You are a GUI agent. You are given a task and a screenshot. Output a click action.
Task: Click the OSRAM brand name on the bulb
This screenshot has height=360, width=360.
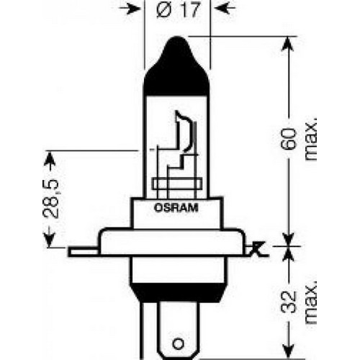[x=176, y=208]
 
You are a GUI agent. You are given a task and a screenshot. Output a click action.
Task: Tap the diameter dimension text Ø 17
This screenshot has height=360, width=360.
[x=178, y=10]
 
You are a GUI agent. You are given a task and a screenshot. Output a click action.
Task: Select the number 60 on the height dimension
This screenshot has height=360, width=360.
[x=289, y=139]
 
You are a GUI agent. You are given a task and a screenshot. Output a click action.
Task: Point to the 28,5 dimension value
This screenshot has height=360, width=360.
[x=51, y=199]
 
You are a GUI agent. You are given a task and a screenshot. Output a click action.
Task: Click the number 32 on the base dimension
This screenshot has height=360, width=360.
[x=289, y=302]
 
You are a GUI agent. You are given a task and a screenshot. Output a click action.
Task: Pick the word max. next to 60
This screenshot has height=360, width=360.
[x=310, y=139]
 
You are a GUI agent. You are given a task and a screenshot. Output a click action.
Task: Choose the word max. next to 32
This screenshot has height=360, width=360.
[x=310, y=302]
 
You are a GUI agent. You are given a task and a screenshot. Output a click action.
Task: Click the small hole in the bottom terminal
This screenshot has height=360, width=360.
[x=178, y=343]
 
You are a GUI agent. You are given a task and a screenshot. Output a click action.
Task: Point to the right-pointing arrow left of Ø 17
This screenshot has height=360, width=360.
[x=130, y=8]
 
